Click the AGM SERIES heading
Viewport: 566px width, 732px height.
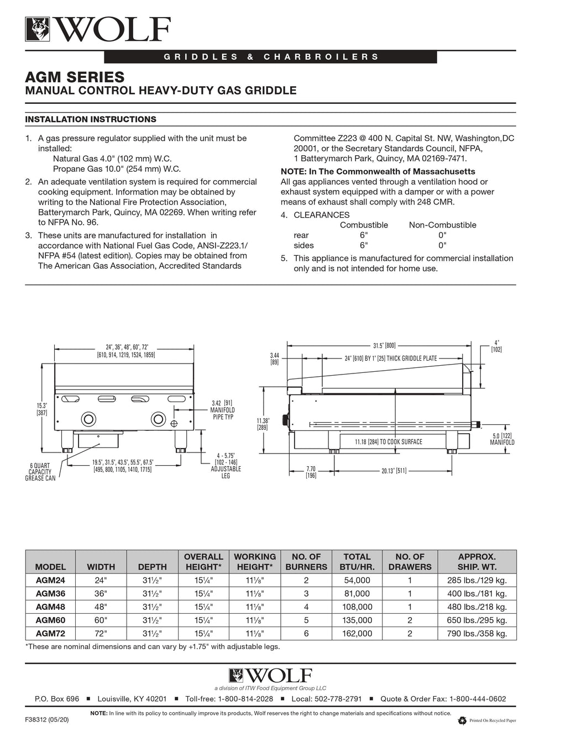point(75,76)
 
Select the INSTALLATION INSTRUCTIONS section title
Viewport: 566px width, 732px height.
point(91,119)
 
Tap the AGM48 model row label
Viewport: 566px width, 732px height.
point(50,607)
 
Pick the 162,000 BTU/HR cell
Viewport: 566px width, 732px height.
point(357,634)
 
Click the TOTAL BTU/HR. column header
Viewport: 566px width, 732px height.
point(357,561)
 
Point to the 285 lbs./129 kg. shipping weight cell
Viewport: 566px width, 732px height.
point(476,581)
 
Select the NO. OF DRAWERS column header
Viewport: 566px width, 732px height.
point(410,561)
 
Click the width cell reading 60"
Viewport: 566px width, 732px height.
point(101,620)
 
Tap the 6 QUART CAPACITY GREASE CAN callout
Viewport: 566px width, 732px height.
point(40,472)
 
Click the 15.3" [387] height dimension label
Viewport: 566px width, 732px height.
point(41,409)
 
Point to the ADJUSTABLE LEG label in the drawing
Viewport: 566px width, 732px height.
point(226,472)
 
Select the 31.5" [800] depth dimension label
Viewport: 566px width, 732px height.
point(384,345)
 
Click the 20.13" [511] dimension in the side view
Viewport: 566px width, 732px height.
point(394,471)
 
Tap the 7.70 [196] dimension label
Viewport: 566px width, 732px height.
point(311,472)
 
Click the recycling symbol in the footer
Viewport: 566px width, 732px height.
point(462,720)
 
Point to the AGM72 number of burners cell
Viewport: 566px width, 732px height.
point(306,634)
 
